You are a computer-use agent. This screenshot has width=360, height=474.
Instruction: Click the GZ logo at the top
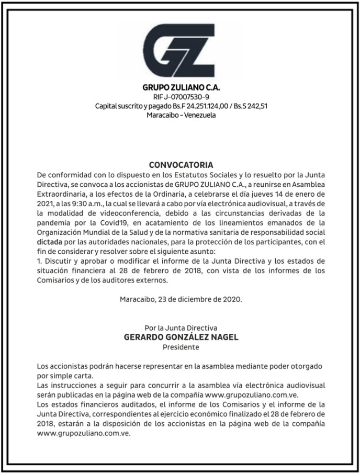[181, 50]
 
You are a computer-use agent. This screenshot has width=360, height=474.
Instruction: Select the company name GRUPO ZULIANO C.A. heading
[181, 87]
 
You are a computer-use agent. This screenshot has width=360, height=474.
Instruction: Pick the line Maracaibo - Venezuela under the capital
[181, 115]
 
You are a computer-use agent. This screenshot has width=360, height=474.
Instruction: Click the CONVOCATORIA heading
[181, 164]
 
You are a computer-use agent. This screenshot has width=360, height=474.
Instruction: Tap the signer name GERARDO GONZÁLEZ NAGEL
[181, 337]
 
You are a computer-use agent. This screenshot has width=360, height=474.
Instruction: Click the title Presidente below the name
[181, 347]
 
